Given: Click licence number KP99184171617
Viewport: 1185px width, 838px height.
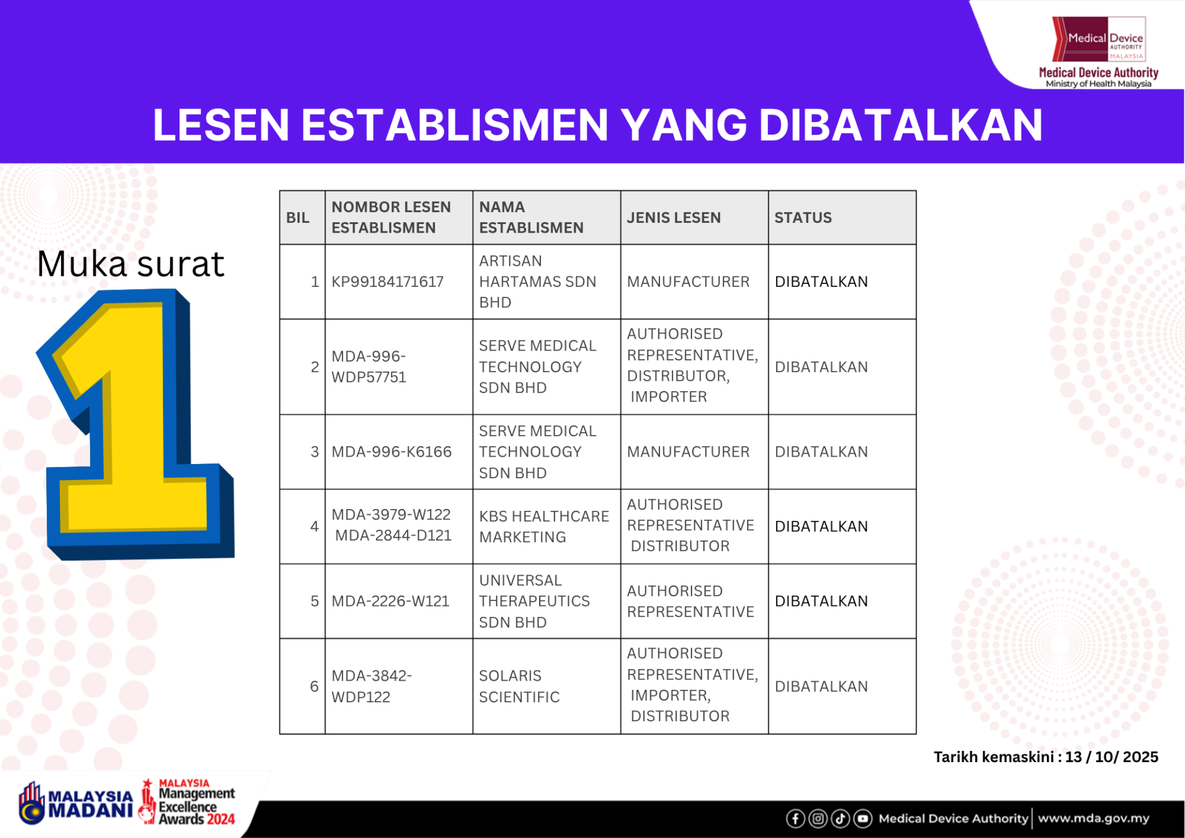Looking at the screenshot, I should tap(387, 282).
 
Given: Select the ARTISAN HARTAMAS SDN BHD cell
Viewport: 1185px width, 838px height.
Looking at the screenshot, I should tap(537, 282).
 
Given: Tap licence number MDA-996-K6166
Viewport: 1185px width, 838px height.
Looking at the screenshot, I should tap(391, 452).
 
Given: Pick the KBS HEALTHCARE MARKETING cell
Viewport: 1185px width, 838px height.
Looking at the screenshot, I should tap(543, 526).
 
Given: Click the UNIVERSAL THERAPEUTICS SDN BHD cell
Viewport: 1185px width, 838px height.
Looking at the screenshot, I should tap(534, 601).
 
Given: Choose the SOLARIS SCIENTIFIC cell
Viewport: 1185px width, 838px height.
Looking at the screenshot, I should tap(519, 686).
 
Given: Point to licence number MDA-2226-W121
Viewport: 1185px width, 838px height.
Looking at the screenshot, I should tap(390, 601).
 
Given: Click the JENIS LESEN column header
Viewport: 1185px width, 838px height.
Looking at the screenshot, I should tap(674, 218).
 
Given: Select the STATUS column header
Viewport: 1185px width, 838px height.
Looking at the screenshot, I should tap(803, 218).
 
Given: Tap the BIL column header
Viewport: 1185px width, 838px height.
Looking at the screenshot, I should tap(298, 218).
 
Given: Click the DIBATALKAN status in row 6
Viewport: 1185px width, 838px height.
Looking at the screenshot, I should tap(821, 686).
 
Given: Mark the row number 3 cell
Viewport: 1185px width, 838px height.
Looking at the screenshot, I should tap(315, 452).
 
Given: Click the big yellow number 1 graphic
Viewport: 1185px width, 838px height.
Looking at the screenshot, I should tap(136, 426).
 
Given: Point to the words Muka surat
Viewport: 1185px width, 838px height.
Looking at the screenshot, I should tap(130, 264).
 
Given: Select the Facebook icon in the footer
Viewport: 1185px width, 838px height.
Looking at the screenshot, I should tap(795, 819).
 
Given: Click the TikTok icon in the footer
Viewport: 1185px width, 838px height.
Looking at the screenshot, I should tap(840, 819).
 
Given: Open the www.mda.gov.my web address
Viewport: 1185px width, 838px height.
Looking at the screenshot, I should tap(1093, 819).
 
